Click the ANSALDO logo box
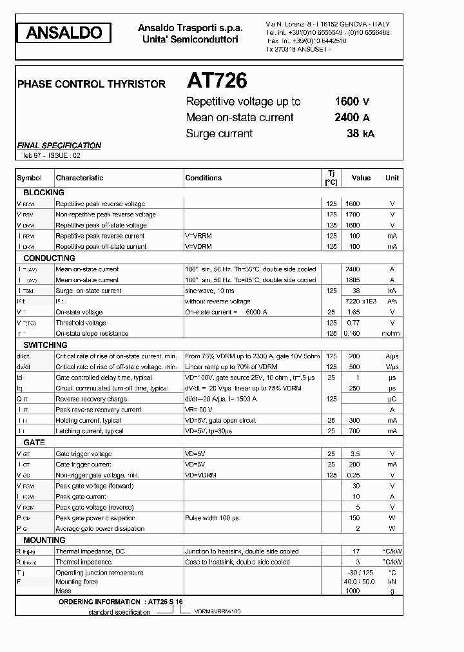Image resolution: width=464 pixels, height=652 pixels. coord(64,34)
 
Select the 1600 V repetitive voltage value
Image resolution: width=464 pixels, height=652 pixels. coord(352,101)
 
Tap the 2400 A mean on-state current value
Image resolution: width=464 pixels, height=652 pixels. coord(352,117)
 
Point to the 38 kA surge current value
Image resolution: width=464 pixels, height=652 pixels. coord(360,133)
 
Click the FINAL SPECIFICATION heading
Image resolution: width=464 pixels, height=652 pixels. coord(59,146)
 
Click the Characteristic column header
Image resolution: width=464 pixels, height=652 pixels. coord(79,178)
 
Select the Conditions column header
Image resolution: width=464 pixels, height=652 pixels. coord(203,178)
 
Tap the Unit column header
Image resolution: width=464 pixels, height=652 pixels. coord(392,178)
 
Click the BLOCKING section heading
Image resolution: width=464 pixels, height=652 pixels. coord(44,193)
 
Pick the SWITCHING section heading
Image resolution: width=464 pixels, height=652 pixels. coord(45,345)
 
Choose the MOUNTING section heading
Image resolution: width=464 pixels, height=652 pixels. coord(44,540)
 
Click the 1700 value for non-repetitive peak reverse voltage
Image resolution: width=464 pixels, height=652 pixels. coord(353,215)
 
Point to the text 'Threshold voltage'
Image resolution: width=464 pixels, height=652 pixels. coord(81,323)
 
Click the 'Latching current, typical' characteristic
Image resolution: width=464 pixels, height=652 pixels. coord(89,430)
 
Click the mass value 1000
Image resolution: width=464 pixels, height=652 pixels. coord(353,591)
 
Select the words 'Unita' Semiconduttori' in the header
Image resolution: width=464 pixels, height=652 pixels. coord(190,40)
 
